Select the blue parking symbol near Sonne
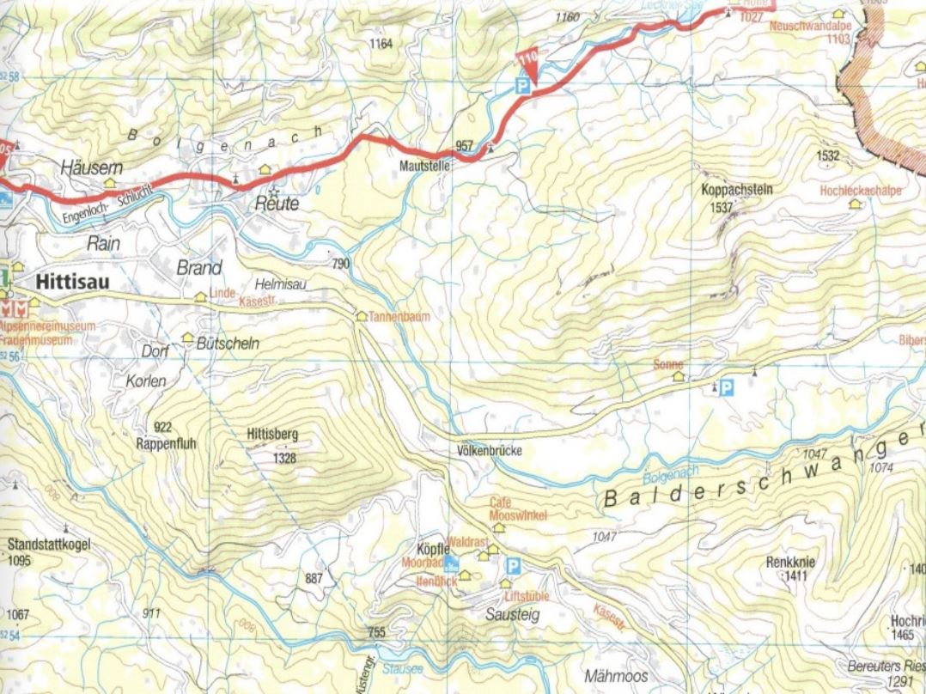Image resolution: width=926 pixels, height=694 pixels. pos(727,388)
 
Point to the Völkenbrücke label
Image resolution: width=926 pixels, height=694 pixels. pos(490,451)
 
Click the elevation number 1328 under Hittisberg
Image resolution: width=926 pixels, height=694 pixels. pos(283,459)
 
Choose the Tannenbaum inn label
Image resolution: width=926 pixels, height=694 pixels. pos(399,317)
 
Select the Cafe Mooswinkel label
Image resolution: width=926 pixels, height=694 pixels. pos(518,508)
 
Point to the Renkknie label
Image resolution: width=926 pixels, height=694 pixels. pos(790,563)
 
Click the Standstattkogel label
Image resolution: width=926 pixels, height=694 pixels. pos(49,545)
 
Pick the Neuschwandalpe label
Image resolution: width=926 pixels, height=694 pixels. pos(810,27)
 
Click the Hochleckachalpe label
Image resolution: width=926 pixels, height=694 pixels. pos(861,191)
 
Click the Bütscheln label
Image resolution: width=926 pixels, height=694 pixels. pos(228,344)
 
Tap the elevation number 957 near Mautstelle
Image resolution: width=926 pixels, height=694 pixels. pos(465,146)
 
